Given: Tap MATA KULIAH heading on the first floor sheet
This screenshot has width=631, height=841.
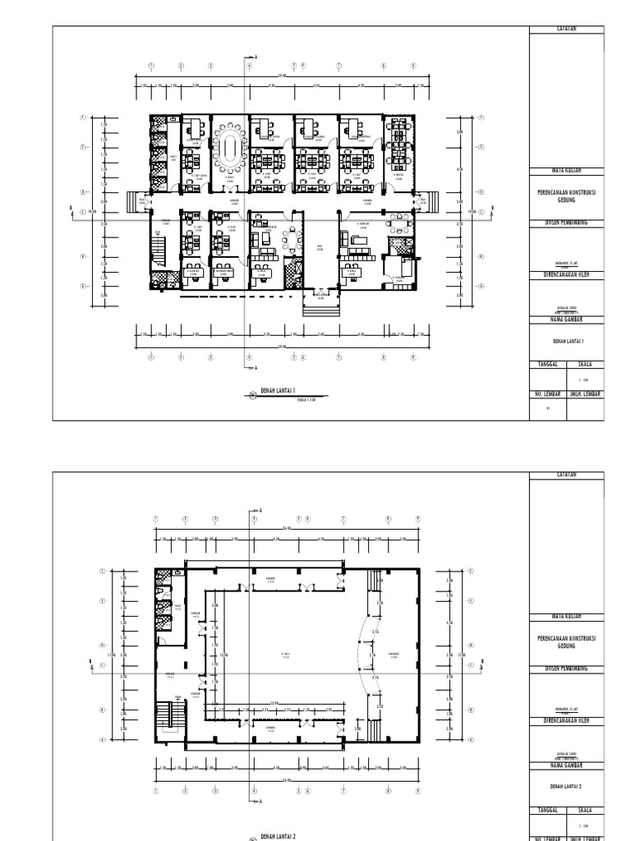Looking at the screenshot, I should (x=566, y=170).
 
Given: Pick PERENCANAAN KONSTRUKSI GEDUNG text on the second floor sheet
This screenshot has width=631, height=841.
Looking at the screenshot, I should (x=566, y=641).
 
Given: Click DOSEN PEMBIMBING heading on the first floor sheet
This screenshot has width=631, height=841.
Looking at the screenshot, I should (x=566, y=223).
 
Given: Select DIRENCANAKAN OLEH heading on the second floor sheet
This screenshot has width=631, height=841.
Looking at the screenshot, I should (x=566, y=719).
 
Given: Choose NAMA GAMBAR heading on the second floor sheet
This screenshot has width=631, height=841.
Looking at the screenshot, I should (x=566, y=765).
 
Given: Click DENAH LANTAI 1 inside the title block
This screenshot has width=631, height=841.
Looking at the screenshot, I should (x=566, y=341).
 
